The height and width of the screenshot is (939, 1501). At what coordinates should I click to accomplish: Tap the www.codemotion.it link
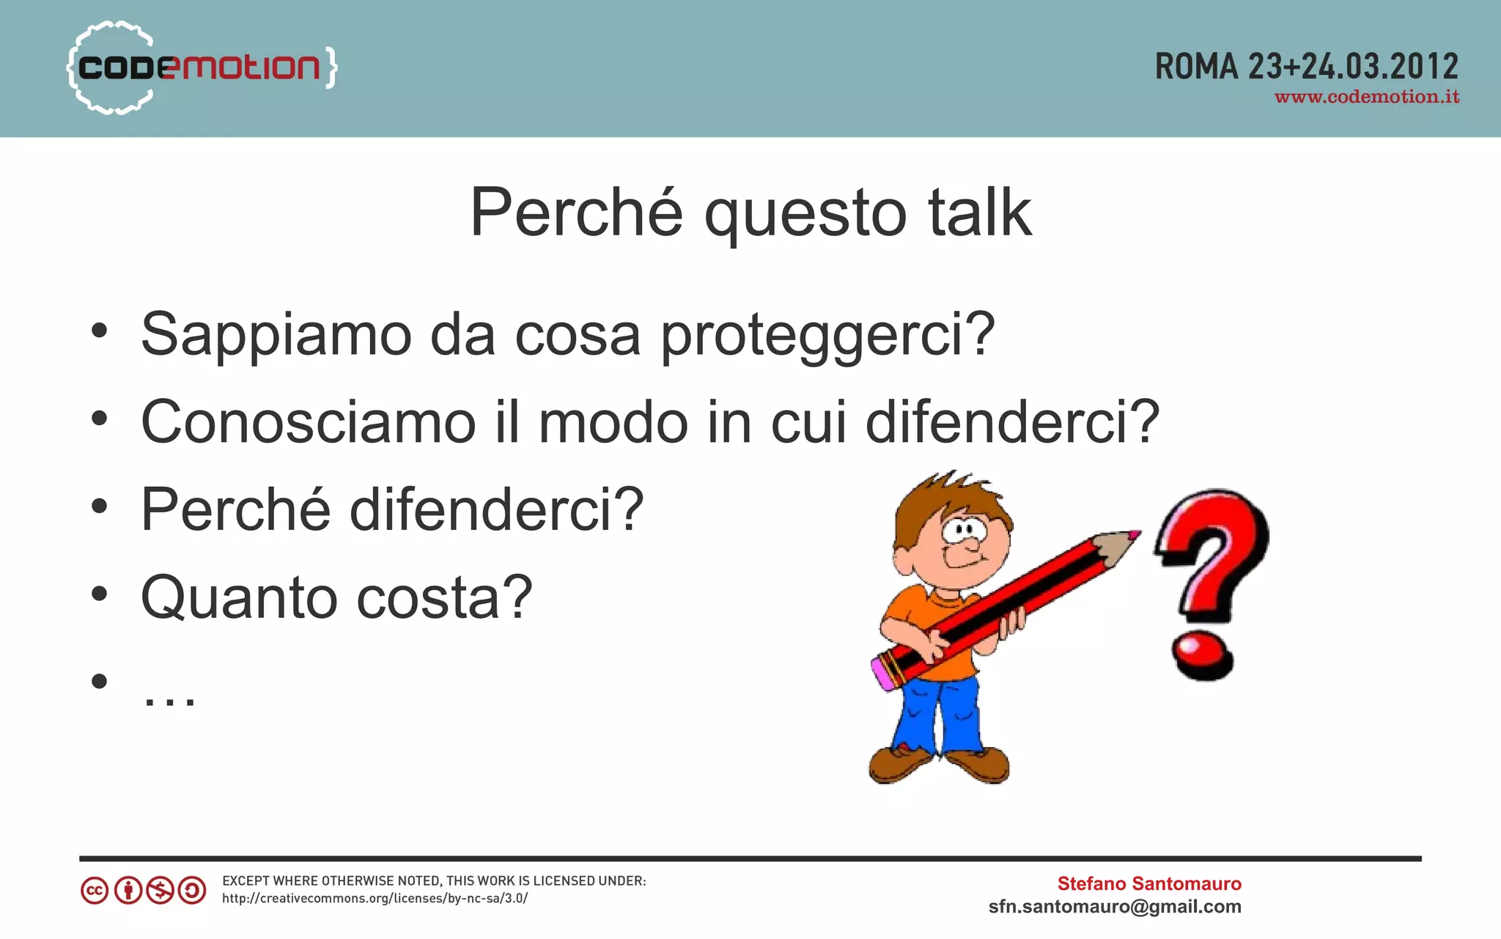click(x=1366, y=97)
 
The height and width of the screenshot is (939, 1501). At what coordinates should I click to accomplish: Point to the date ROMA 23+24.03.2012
click(x=1306, y=67)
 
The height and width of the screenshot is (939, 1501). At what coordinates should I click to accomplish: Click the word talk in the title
click(x=980, y=213)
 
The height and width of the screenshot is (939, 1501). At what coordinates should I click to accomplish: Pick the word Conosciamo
click(x=308, y=422)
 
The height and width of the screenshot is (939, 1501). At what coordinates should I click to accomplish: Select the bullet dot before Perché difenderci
click(x=99, y=506)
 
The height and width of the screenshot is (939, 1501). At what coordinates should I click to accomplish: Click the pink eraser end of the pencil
click(x=882, y=672)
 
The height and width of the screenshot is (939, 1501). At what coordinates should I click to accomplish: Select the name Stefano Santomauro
click(x=1148, y=883)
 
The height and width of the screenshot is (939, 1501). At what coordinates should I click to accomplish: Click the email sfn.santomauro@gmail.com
click(x=1114, y=907)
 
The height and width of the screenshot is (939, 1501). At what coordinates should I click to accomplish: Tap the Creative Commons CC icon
click(x=95, y=891)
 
